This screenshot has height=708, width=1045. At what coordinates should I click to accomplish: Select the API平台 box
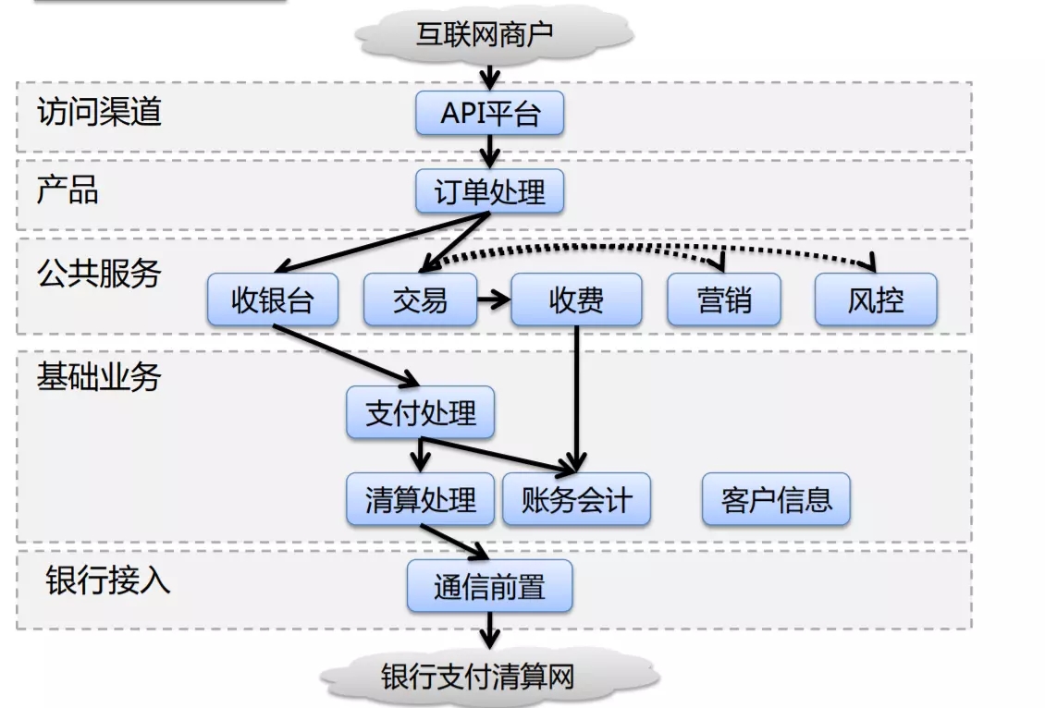click(489, 114)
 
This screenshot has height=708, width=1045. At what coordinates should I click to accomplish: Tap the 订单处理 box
click(489, 192)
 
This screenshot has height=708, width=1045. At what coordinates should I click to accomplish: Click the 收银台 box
click(272, 300)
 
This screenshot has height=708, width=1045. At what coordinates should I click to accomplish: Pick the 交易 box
click(420, 300)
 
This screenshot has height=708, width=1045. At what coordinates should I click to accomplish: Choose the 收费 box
click(576, 300)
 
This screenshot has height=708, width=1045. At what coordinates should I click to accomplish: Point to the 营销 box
click(724, 300)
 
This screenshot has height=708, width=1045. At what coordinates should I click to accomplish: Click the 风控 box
click(875, 300)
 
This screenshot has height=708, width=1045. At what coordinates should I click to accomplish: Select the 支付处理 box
click(421, 412)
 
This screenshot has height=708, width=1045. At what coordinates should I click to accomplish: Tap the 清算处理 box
click(421, 499)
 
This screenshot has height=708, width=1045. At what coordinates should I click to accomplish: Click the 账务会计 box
click(576, 499)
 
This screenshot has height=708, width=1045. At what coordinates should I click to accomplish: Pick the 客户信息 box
click(776, 499)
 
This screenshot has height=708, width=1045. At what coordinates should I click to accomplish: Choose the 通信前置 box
click(489, 586)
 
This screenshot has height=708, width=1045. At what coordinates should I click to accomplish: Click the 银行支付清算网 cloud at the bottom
click(489, 677)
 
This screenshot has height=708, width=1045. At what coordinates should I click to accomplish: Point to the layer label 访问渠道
click(99, 112)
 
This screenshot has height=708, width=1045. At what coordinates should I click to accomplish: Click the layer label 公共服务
click(99, 274)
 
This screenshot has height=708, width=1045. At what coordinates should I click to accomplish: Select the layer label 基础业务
click(99, 377)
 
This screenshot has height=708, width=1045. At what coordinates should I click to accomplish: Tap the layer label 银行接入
click(108, 580)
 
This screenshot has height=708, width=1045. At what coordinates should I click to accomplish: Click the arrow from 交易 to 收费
click(494, 299)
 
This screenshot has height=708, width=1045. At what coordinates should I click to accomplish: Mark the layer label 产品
click(68, 189)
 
